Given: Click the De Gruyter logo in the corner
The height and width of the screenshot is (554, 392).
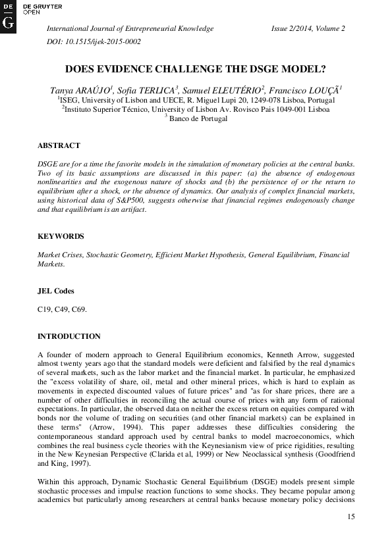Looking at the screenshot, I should pyautogui.click(x=9, y=14).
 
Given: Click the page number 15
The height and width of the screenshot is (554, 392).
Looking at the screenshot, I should pyautogui.click(x=350, y=518).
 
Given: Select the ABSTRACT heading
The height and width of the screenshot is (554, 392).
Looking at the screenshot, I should pyautogui.click(x=59, y=145).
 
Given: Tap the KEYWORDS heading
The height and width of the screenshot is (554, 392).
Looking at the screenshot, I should pyautogui.click(x=61, y=236).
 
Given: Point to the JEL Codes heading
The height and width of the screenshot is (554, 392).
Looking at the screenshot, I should pyautogui.click(x=56, y=290).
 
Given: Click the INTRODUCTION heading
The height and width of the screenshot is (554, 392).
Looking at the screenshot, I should pyautogui.click(x=69, y=336).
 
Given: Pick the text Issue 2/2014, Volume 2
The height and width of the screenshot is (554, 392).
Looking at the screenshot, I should pyautogui.click(x=308, y=29).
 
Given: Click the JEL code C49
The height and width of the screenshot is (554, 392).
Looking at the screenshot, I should pyautogui.click(x=63, y=308).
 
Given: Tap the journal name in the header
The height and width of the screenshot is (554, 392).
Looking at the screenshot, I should pyautogui.click(x=129, y=29).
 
